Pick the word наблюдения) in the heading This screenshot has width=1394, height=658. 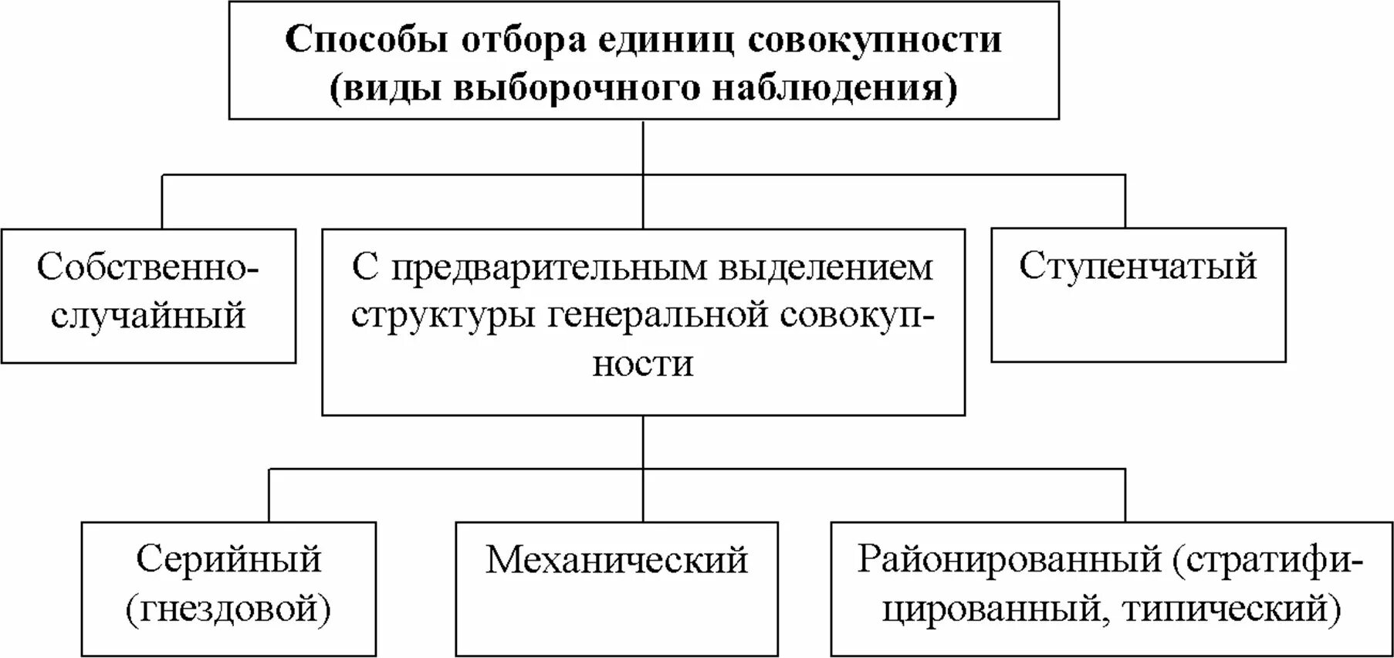(x=834, y=87)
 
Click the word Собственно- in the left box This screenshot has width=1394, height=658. (x=147, y=267)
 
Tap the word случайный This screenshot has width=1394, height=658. (x=147, y=315)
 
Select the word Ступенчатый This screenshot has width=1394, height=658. (x=1138, y=266)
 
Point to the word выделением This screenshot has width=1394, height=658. (x=826, y=267)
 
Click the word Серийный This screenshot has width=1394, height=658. (x=228, y=559)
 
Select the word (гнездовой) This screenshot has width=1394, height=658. (x=228, y=609)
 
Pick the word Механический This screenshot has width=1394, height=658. (x=616, y=559)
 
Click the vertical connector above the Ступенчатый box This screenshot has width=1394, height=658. (x=1125, y=201)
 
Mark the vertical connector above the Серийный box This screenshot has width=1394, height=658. (x=269, y=494)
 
